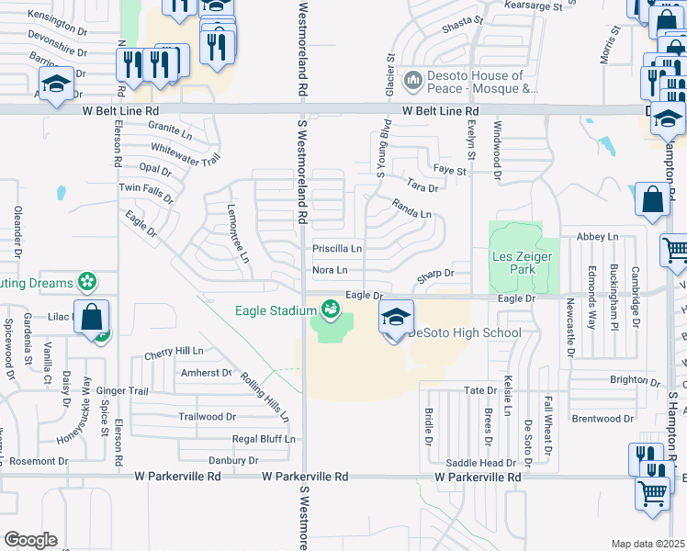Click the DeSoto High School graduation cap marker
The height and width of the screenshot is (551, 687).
coord(396,318)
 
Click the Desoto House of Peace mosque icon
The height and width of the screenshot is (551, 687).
coord(412,82)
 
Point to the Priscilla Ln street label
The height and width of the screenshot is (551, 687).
coord(337,248)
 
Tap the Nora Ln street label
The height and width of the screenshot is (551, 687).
coord(330,270)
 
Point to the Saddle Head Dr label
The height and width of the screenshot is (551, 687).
coord(475,463)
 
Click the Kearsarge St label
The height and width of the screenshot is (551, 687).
coord(533,6)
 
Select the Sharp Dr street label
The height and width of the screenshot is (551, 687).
coord(436,274)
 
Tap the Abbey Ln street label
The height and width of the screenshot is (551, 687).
coord(597,237)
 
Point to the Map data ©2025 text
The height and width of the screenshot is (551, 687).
coord(648,544)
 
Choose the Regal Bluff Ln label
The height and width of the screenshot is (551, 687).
coord(264,439)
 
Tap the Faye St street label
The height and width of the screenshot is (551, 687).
coord(450,170)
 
